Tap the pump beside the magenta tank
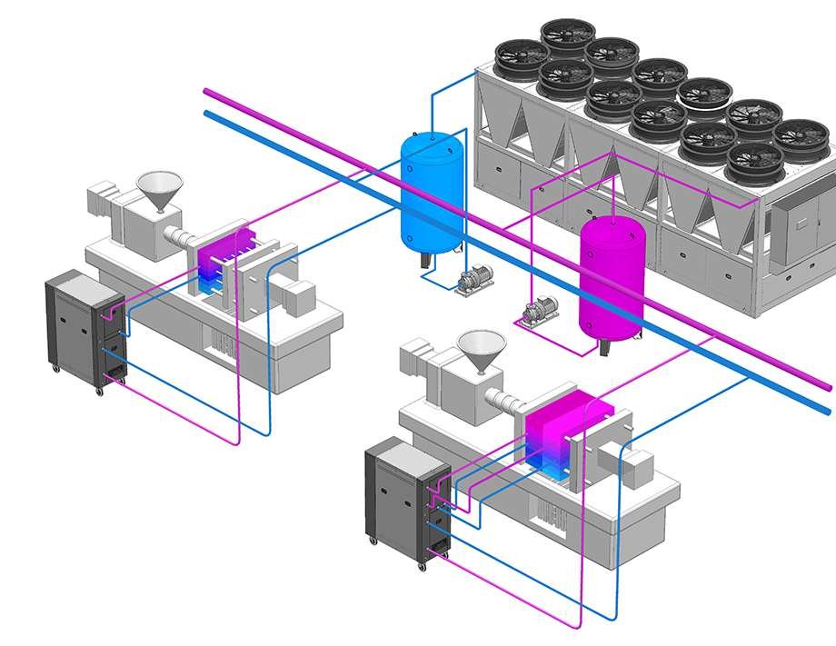click(535, 312)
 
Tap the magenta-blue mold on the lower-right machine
click(555, 435)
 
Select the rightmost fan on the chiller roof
click(801, 135)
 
